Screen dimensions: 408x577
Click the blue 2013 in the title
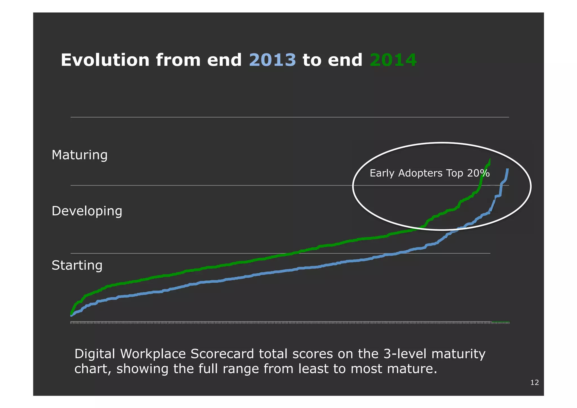[272, 60]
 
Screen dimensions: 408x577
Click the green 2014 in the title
[393, 60]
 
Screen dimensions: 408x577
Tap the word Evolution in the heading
[105, 60]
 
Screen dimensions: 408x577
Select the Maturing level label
[79, 155]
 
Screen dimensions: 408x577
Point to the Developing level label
[87, 211]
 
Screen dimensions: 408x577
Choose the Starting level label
[77, 265]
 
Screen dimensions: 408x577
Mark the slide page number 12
[534, 382]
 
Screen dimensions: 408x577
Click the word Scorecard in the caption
[222, 354]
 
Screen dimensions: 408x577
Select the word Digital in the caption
[95, 354]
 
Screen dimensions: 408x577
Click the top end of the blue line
[507, 169]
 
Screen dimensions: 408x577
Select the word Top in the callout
[455, 173]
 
